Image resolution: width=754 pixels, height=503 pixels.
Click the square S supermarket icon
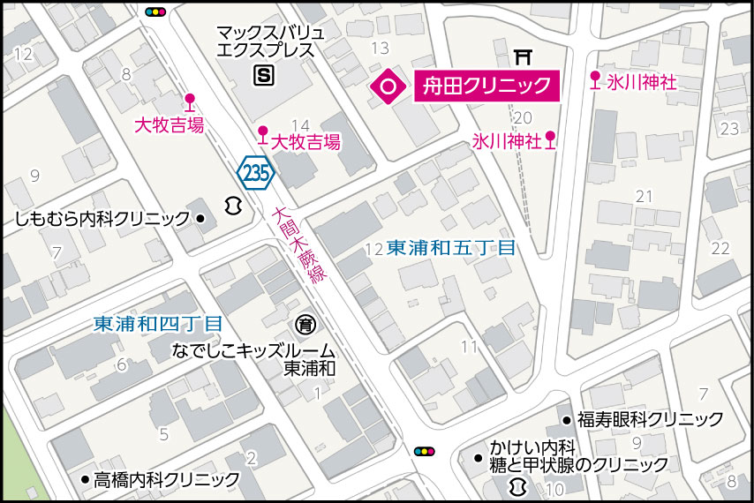[x=263, y=76]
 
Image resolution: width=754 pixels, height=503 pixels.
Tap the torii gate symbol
[x=525, y=57]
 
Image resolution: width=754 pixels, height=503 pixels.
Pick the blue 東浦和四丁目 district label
[x=158, y=324]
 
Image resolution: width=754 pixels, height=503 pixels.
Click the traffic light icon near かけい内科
[x=425, y=451]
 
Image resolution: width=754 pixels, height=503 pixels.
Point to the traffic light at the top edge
[x=156, y=12]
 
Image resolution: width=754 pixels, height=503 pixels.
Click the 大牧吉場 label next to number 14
[x=305, y=142]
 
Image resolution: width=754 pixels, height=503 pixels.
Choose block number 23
[x=729, y=129]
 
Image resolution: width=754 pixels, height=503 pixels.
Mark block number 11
[x=469, y=345]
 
